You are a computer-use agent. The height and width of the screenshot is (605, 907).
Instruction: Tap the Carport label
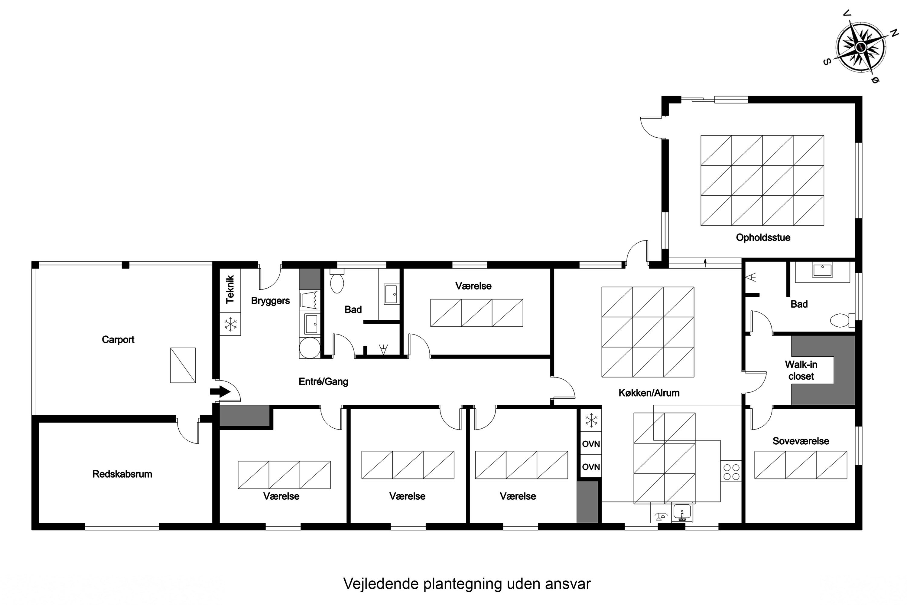click(x=118, y=339)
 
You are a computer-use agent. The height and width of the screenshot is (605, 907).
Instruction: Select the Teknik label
click(x=230, y=289)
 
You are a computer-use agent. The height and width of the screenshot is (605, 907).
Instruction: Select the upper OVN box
click(x=591, y=444)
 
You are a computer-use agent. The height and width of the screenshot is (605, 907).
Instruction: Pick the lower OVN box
click(x=591, y=467)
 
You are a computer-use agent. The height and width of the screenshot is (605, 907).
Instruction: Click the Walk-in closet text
click(x=801, y=370)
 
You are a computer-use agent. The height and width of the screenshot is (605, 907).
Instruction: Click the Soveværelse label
click(x=801, y=441)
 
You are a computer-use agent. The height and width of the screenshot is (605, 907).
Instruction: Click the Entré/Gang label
click(x=323, y=381)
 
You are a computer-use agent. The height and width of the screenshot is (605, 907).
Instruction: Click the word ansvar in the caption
click(x=568, y=584)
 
